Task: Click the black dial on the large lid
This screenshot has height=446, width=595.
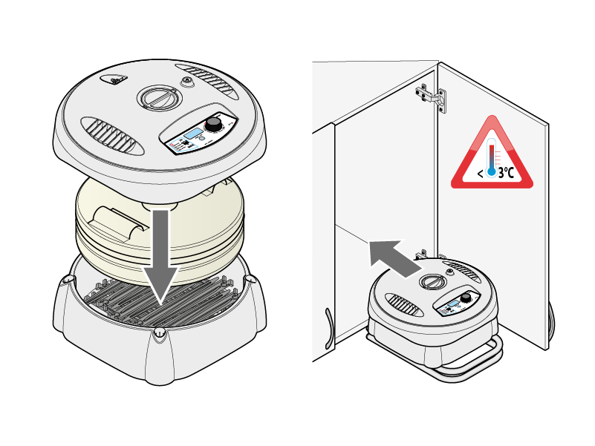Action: [x=214, y=124]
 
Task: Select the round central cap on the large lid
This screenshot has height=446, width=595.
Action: [x=159, y=97]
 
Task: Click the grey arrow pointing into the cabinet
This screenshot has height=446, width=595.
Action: [x=395, y=258]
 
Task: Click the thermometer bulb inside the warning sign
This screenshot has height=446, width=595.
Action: [x=492, y=172]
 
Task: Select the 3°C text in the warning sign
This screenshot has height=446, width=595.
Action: [x=506, y=173]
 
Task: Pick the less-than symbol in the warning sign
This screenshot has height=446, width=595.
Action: [x=481, y=174]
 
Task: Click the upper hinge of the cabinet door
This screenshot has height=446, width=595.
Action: [x=432, y=96]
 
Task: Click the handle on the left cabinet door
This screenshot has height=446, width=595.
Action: [x=328, y=329]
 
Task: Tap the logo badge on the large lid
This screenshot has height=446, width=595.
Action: [x=114, y=79]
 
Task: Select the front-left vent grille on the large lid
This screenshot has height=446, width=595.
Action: [x=112, y=136]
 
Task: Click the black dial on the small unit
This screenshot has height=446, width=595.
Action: [x=466, y=298]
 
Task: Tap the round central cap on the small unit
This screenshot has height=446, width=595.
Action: [x=432, y=282]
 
